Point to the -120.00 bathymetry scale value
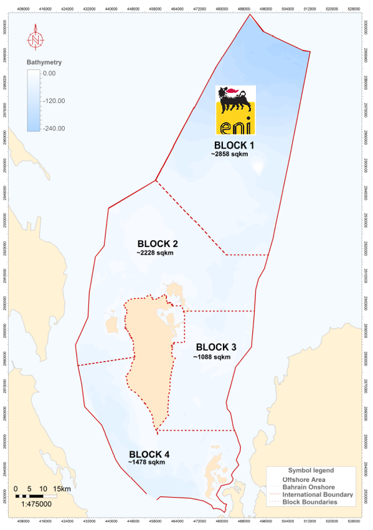53,100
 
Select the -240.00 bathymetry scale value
53,128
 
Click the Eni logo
235,110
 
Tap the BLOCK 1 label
234,145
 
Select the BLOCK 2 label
158,244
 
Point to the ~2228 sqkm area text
155,253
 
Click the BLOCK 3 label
216,347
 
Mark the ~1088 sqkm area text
212,357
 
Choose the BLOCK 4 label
149,453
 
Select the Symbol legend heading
311,470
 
